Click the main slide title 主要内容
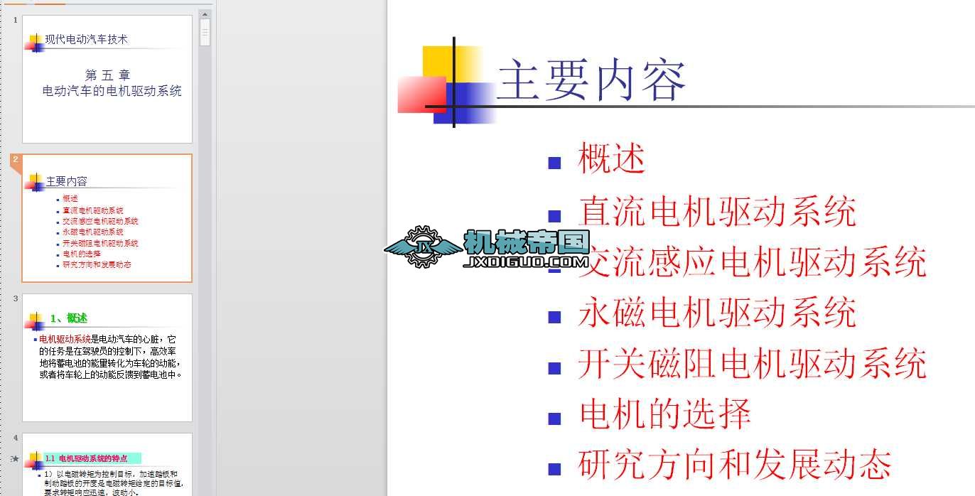point(591,81)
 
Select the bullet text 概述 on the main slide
point(612,158)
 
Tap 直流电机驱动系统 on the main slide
point(717,211)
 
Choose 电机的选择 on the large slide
point(665,414)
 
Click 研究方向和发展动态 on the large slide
point(735,465)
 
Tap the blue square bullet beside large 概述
point(555,163)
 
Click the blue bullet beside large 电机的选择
point(555,419)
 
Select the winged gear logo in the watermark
point(422,247)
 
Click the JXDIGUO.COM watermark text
point(526,263)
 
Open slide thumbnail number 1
point(107,79)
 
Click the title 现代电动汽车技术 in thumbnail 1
point(86,40)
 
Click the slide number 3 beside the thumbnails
point(16,298)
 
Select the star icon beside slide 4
point(15,459)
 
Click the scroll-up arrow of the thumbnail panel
point(205,14)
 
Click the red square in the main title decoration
point(421,95)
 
